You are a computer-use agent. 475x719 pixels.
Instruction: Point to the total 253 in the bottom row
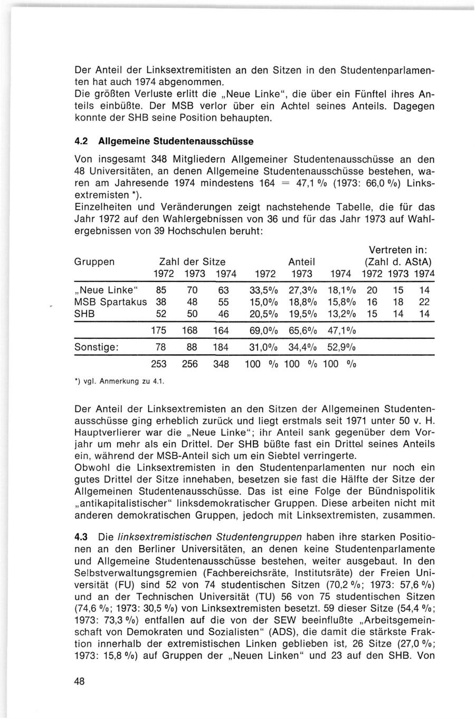pos(159,364)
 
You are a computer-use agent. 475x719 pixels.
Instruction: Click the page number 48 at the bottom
pos(80,681)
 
